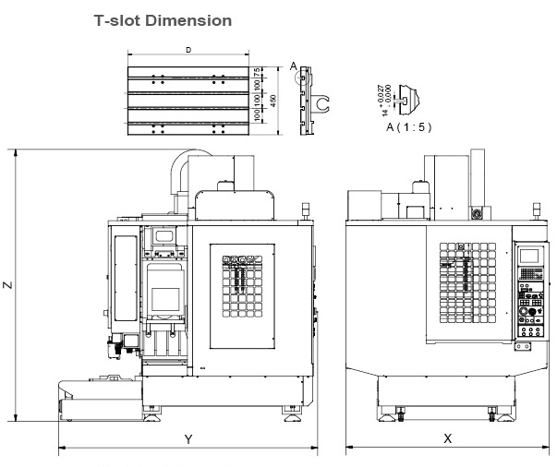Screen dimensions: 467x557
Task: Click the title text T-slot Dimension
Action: [163, 20]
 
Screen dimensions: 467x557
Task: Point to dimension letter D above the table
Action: [188, 49]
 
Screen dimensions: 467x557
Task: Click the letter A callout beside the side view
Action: [293, 66]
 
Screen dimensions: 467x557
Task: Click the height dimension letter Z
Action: [8, 286]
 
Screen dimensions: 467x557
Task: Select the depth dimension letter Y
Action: [188, 439]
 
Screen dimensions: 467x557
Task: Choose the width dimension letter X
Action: [447, 439]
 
